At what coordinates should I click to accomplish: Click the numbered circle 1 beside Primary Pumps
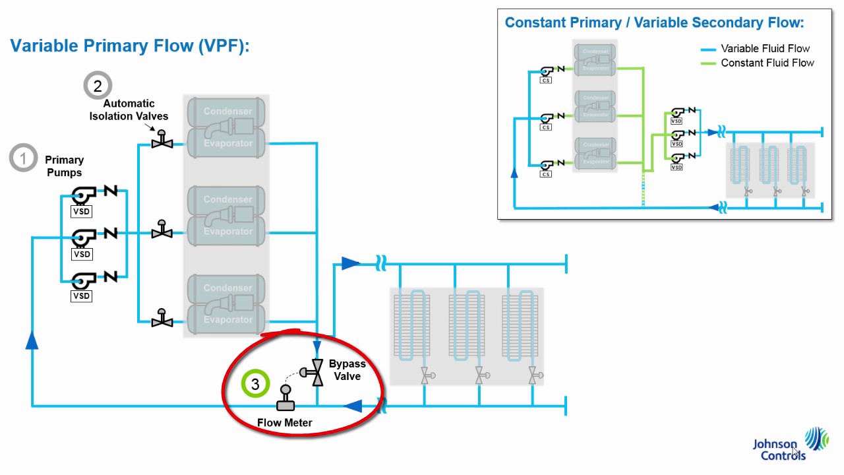24,158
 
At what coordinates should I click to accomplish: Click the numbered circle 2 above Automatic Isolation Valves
98,86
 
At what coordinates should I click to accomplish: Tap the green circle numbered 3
255,383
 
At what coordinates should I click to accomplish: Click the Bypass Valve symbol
315,373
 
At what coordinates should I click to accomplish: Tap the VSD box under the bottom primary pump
82,296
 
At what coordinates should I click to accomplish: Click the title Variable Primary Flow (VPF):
129,46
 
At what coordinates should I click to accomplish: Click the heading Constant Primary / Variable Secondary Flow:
654,23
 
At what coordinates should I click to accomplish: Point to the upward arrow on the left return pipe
32,340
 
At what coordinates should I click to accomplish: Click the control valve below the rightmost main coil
534,376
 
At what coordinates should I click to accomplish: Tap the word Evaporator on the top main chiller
227,143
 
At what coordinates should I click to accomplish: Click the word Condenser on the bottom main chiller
227,288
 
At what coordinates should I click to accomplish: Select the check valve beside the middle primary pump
109,234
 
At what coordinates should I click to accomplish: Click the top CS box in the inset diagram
545,80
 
